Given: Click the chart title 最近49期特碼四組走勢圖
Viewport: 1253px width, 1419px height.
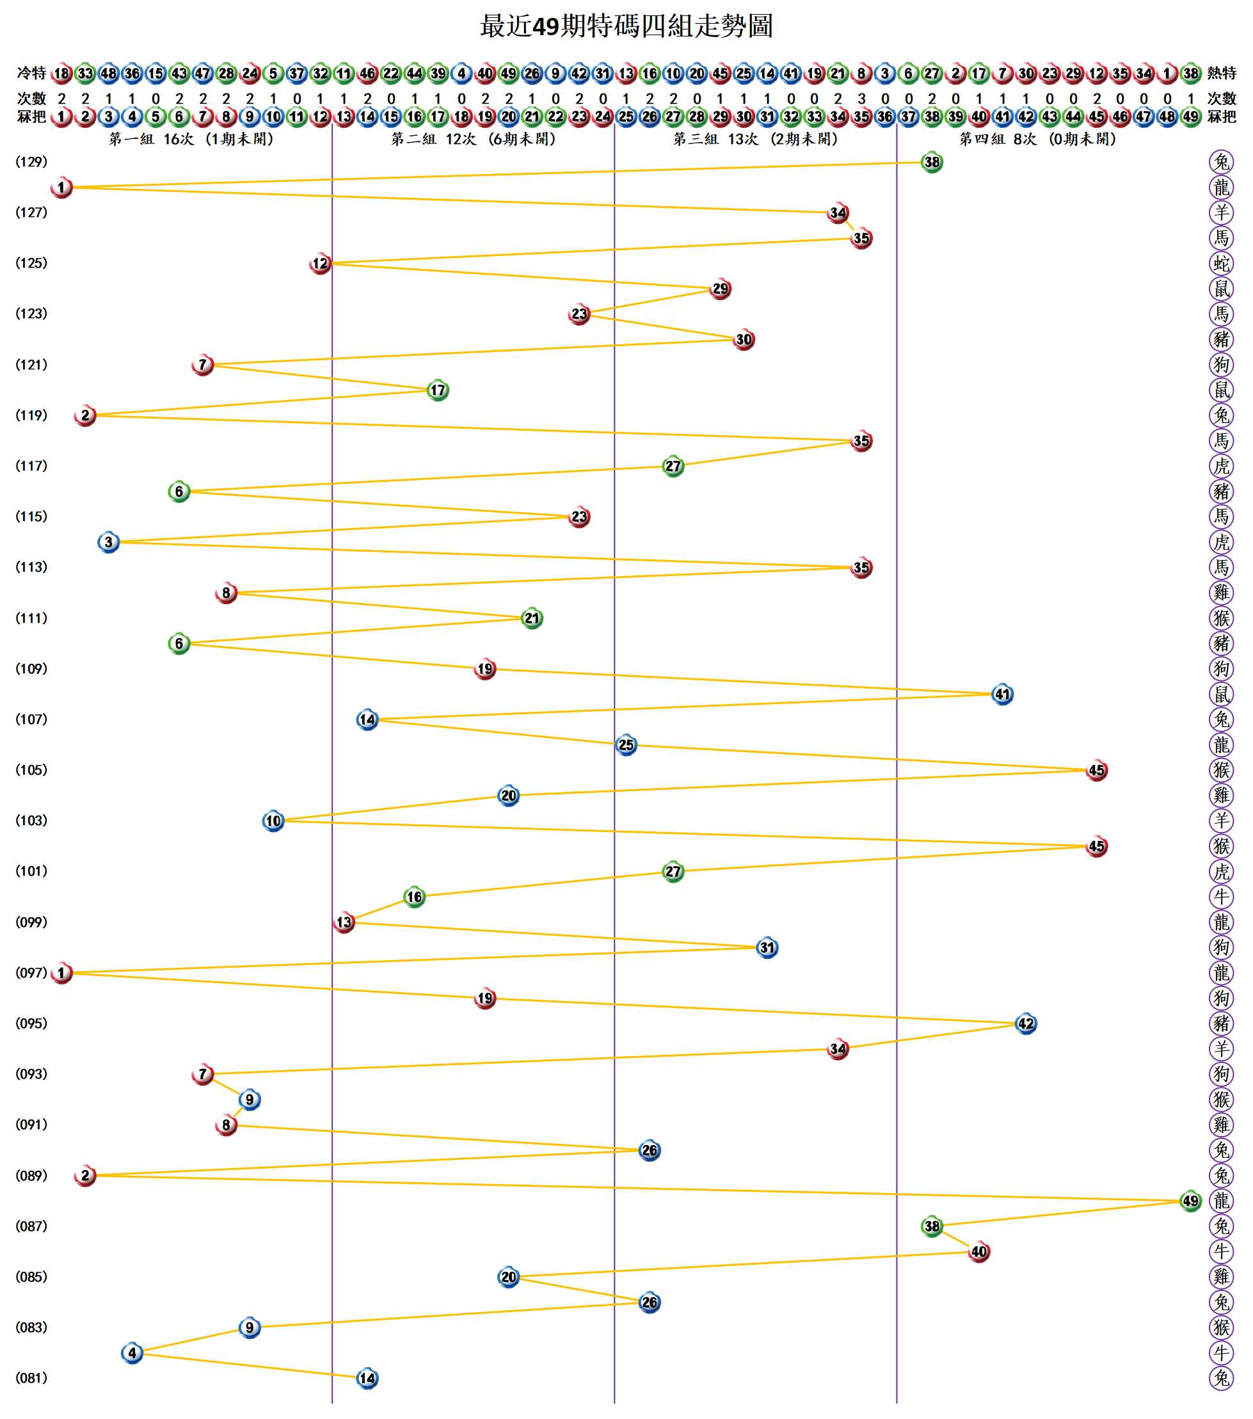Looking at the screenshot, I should click(x=626, y=26).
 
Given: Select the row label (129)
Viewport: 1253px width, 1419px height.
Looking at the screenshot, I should click(x=31, y=162).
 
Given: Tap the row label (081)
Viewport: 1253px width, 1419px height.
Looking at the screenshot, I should click(x=31, y=1378).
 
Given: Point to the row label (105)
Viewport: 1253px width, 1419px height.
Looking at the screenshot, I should click(x=31, y=770).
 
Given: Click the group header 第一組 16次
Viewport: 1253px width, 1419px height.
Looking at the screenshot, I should click(x=191, y=140).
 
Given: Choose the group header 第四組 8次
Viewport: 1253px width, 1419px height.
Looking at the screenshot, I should click(x=1038, y=140).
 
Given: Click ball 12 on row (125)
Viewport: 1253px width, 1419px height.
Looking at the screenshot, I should click(x=320, y=263).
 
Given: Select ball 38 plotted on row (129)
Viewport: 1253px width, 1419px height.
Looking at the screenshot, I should click(x=932, y=163).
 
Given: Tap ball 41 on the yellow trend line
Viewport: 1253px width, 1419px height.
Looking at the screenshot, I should click(x=1002, y=694).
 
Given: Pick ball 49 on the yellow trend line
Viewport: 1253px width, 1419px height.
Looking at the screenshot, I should click(x=1190, y=1201).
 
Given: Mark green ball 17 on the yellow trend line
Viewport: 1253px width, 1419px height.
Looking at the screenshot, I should click(x=437, y=390).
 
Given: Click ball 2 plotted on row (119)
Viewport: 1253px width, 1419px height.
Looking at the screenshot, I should click(x=84, y=415).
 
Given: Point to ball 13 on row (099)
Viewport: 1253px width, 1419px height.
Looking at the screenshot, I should click(x=344, y=922).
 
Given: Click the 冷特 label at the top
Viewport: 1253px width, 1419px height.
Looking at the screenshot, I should click(x=31, y=73).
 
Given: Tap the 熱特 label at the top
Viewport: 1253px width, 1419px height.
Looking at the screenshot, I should click(x=1222, y=73).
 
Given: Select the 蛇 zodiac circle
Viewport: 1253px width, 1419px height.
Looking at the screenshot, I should click(x=1221, y=263).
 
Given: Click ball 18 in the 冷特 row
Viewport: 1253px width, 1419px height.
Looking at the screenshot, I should click(x=62, y=73).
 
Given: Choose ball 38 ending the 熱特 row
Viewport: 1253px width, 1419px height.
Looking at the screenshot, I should click(x=1190, y=73).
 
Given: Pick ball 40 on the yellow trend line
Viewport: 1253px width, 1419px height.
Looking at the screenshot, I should click(x=979, y=1252).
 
